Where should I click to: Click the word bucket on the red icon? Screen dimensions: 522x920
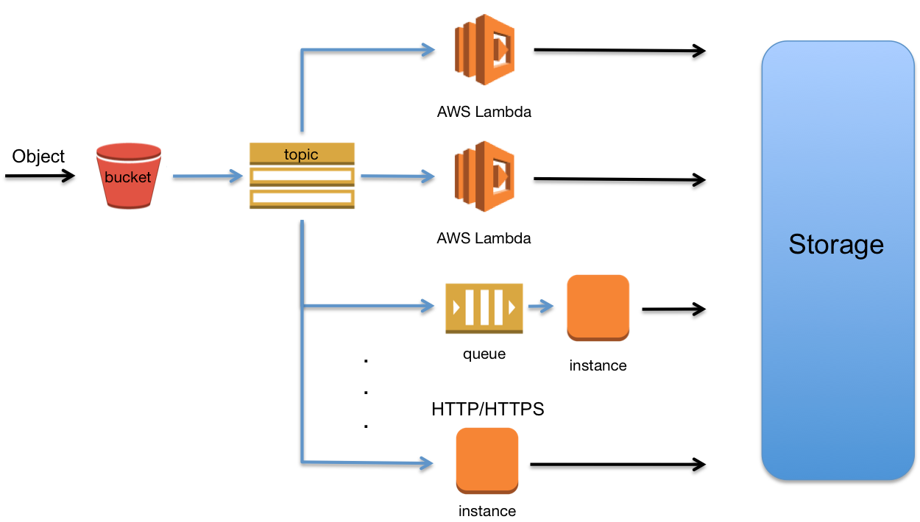(128, 177)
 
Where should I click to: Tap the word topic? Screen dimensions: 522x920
(301, 154)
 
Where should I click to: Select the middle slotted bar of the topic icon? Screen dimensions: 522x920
(302, 176)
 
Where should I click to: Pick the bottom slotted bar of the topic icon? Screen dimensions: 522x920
(302, 199)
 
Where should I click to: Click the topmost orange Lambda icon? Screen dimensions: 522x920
(484, 49)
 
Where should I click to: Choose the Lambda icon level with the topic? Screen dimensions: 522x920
(484, 176)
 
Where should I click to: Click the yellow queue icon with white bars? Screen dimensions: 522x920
(484, 307)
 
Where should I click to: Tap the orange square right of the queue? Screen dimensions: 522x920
(598, 307)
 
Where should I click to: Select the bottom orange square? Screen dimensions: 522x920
(487, 460)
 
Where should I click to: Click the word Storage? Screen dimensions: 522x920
(836, 244)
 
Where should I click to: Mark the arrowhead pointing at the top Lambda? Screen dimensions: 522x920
(428, 49)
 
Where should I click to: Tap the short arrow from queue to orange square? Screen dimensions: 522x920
(541, 307)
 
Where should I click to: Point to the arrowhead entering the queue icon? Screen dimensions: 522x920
(428, 305)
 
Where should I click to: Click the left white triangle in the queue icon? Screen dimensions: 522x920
(456, 307)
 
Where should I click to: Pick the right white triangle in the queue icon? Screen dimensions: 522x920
(512, 307)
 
